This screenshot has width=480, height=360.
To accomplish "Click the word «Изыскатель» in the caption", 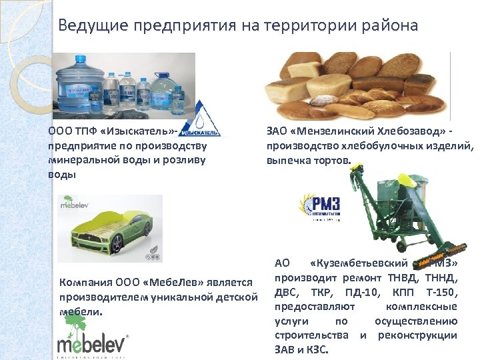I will coord(141,131).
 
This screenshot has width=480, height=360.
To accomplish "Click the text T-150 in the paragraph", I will coord(439,294).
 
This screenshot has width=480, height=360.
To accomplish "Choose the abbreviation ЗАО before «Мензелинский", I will coord(278,131).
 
